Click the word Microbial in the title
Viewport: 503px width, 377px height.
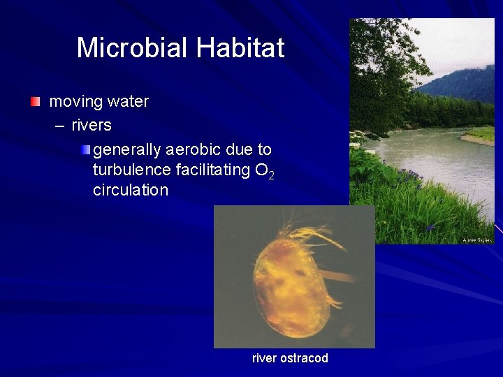coord(133,48)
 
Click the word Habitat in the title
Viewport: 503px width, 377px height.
coord(240,48)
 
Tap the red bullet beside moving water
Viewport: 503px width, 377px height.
coord(36,102)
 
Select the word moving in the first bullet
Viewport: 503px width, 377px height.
coord(75,102)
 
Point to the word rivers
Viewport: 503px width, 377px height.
coord(92,126)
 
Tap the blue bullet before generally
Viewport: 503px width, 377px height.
coord(85,149)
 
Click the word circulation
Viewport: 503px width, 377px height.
coord(131,190)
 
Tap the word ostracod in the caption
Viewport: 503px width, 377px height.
coord(304,358)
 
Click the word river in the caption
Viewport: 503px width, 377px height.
coord(264,358)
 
